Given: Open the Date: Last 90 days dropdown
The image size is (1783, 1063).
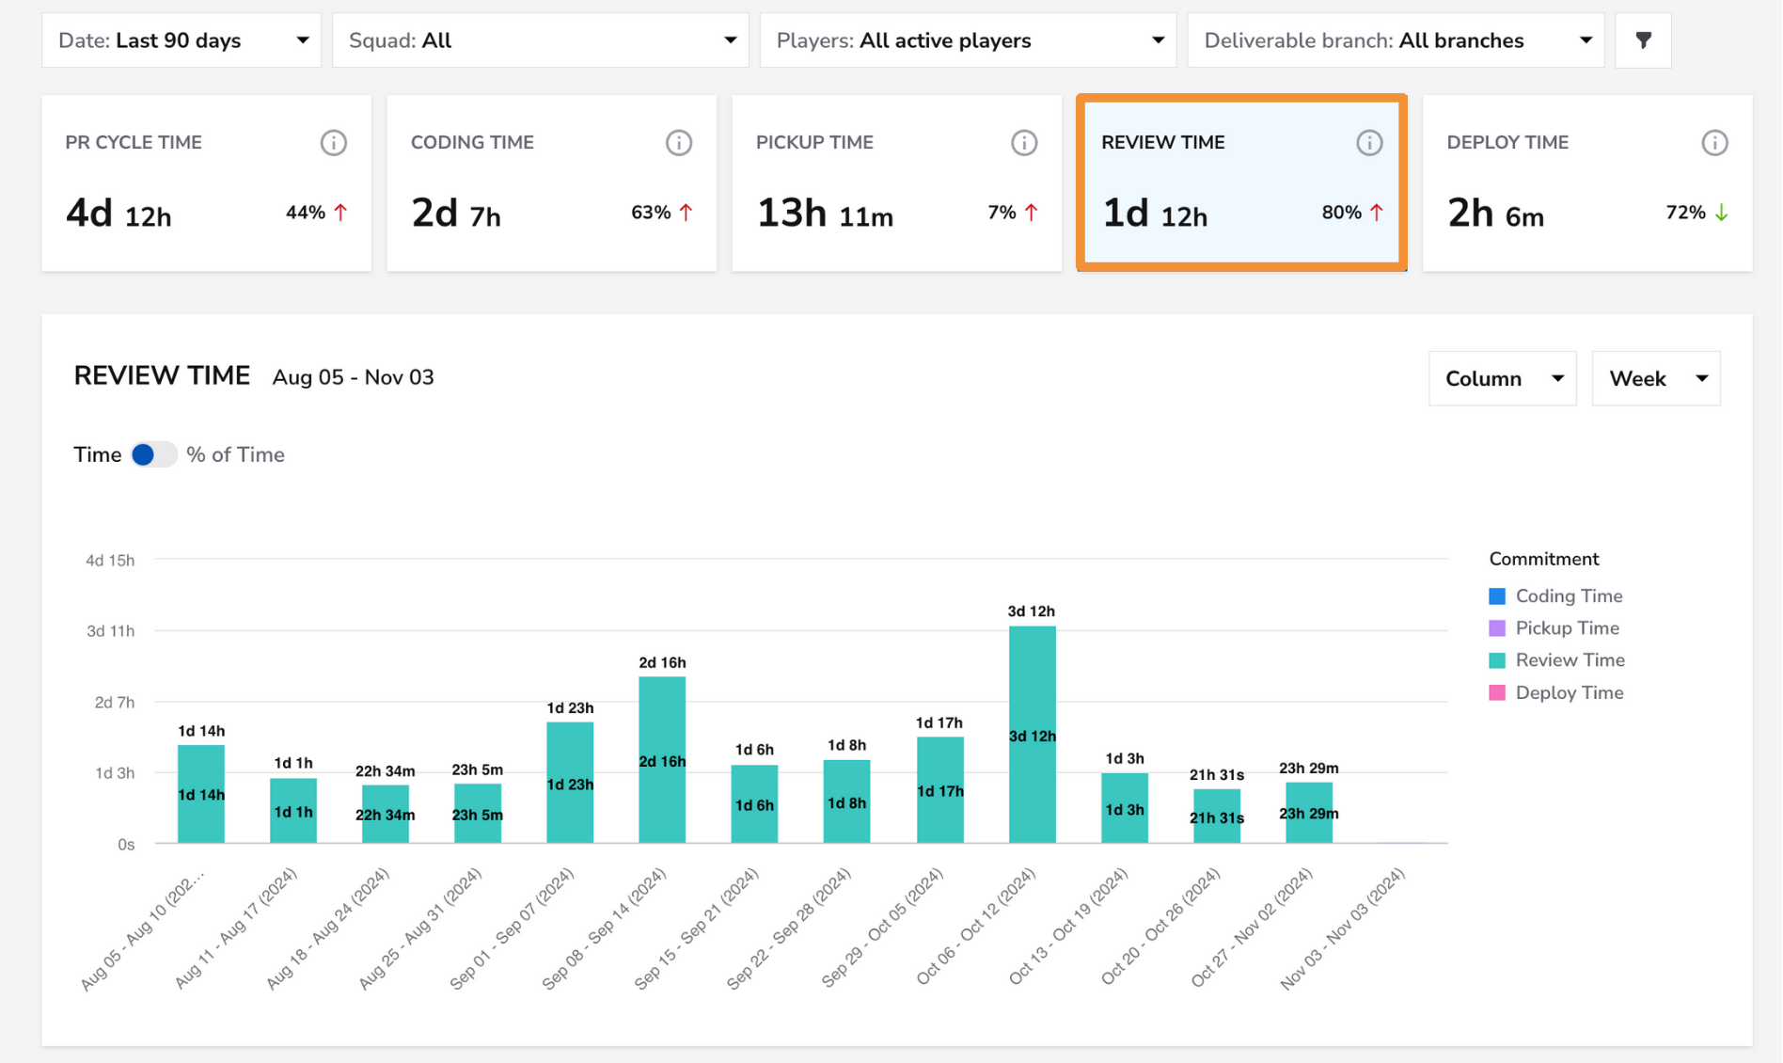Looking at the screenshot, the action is (x=181, y=40).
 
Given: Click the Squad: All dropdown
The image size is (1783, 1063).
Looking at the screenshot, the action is (x=541, y=40).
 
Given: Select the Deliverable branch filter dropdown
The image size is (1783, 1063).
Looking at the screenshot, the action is (x=1396, y=40).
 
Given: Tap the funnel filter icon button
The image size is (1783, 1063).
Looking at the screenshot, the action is (x=1643, y=40).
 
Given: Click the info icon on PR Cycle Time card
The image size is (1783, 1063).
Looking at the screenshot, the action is (x=333, y=143).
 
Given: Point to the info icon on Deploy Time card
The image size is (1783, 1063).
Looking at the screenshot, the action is (x=1714, y=143).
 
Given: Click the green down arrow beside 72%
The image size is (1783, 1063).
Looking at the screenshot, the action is (x=1721, y=213).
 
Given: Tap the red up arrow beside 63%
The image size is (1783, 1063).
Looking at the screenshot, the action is (x=686, y=213).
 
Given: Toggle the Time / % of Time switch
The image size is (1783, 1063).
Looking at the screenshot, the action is (x=153, y=455).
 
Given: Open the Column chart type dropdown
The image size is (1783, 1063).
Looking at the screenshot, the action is (x=1502, y=378).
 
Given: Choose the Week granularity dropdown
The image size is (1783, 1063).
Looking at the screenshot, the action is (x=1655, y=378).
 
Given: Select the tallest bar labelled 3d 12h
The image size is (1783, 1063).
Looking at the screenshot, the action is (x=1032, y=735).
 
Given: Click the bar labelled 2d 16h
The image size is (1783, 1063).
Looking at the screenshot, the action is (x=662, y=760).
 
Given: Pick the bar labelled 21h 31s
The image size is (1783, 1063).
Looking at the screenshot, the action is (x=1216, y=816).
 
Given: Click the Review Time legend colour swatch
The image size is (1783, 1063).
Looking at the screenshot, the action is (x=1497, y=660).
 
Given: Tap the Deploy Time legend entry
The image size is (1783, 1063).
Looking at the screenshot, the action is (x=1556, y=693).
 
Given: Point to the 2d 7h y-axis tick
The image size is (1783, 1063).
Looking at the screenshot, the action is (x=114, y=703).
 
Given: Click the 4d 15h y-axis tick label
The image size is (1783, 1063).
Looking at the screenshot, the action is (x=110, y=561).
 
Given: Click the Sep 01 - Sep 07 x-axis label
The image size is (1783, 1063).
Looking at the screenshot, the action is (x=513, y=929).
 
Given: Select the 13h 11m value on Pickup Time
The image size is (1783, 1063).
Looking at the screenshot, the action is (x=825, y=214).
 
